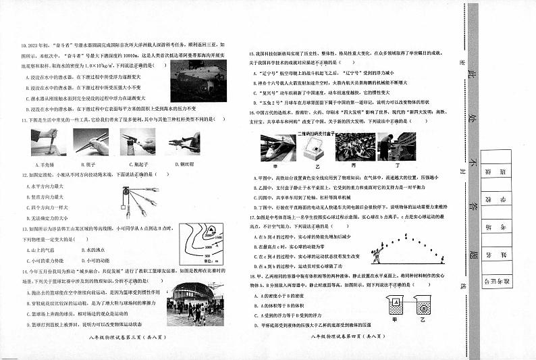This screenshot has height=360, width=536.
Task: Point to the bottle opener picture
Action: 137,143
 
